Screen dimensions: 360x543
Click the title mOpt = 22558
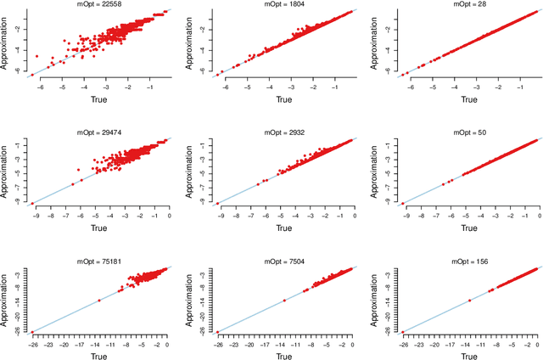pyautogui.click(x=98, y=4)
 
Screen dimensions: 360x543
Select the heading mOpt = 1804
pyautogui.click(x=283, y=4)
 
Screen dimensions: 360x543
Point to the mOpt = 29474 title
pyautogui.click(x=98, y=132)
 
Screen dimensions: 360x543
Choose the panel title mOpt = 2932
pyautogui.click(x=283, y=132)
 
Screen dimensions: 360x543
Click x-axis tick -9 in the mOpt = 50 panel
pyautogui.click(x=403, y=216)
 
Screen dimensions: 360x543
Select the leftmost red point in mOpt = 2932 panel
pyautogui.click(x=218, y=203)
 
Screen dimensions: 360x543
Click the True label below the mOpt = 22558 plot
pyautogui.click(x=98, y=99)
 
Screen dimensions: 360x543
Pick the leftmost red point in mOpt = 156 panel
pyautogui.click(x=403, y=331)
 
